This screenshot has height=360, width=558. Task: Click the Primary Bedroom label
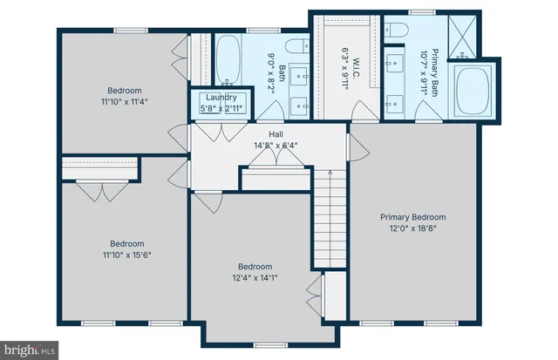click(412, 217)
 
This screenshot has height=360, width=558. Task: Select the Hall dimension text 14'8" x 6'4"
click(276, 146)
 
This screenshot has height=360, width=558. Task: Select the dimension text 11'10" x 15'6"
click(125, 255)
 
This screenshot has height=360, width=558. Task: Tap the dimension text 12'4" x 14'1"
click(255, 278)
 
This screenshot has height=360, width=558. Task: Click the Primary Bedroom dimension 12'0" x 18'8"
click(412, 228)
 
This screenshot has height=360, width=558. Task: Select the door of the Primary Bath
click(424, 111)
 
